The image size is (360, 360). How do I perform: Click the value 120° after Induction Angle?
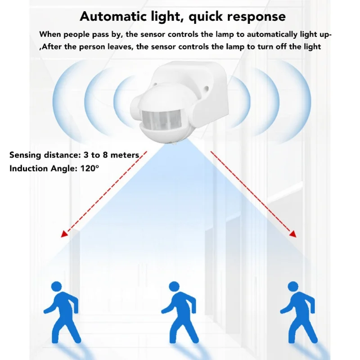(90, 168)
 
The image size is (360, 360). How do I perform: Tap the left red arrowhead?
(65, 234)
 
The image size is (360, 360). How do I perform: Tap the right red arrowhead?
(293, 234)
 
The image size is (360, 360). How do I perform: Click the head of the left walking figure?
(56, 287)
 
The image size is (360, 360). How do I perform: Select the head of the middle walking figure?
(174, 287)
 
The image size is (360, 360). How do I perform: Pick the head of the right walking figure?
(293, 287)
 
